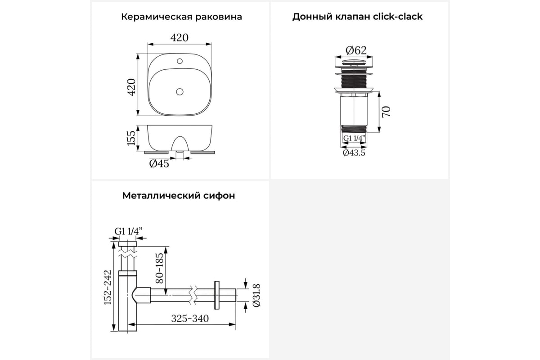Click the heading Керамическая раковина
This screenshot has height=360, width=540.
tap(181, 17)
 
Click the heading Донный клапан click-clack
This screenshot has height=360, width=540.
tap(357, 17)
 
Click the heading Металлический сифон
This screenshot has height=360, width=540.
tap(179, 196)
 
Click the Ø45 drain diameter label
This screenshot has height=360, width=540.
tap(159, 164)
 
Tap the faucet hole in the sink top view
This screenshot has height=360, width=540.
tap(180, 61)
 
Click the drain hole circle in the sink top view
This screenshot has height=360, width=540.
tap(180, 92)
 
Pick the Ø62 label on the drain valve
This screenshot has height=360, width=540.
tap(356, 50)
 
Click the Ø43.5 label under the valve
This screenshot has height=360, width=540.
tap(354, 153)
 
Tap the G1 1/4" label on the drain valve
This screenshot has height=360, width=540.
tap(354, 138)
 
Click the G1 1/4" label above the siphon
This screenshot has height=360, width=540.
tap(129, 231)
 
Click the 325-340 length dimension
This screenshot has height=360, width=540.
tap(190, 319)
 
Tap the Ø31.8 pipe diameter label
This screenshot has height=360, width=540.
tap(256, 295)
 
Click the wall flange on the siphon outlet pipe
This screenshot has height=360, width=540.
tap(216, 295)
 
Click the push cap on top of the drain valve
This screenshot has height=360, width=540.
tap(354, 62)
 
